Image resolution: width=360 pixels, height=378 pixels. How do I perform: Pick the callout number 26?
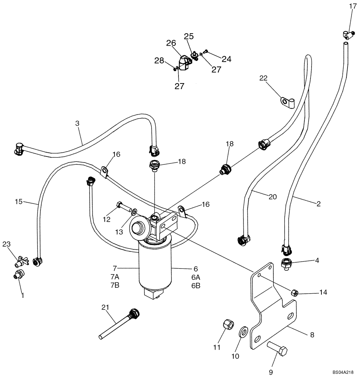coord(171,43)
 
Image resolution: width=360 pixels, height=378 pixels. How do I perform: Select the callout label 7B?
coord(115,285)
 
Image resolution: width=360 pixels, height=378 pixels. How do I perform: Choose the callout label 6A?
coord(196,277)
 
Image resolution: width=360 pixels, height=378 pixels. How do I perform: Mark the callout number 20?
coord(272,197)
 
